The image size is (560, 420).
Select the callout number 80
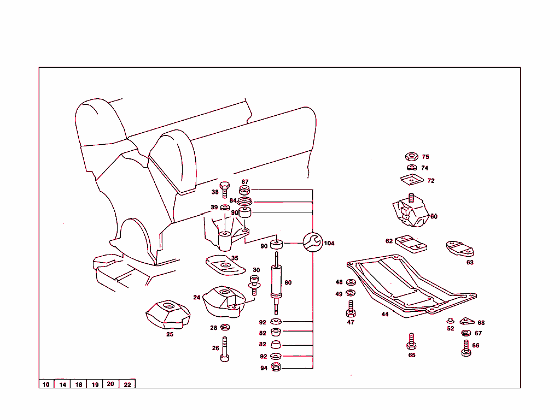[x=288, y=282]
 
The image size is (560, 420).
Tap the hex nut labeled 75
[x=412, y=157]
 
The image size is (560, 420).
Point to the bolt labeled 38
[x=224, y=190]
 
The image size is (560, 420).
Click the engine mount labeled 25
[x=167, y=315]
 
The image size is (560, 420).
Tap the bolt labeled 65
[x=411, y=342]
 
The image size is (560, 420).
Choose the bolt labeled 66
[x=466, y=348]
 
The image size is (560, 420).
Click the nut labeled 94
[x=276, y=368]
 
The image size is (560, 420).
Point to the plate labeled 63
[x=460, y=249]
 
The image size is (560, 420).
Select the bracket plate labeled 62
[x=411, y=244]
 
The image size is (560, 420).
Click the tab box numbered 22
[x=127, y=384]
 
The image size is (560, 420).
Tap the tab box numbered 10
[x=46, y=384]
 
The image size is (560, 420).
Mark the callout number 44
[x=385, y=315]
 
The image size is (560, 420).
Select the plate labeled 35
[x=224, y=265]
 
